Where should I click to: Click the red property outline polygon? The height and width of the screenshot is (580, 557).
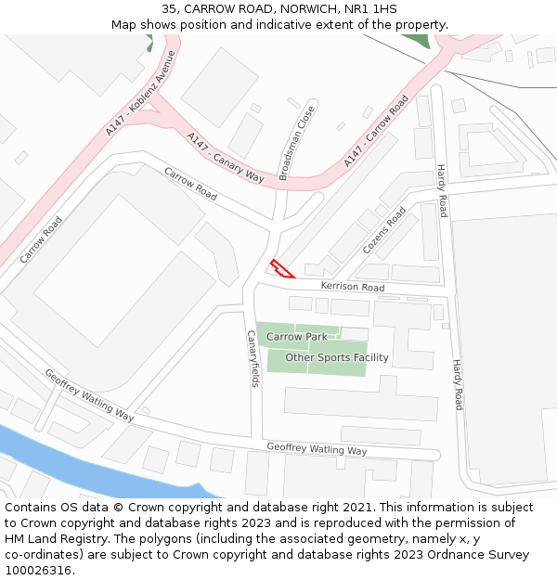pos(281,270)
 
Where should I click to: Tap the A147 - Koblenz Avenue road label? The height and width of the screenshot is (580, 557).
pos(140,93)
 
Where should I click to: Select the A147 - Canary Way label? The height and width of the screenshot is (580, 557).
pos(226,157)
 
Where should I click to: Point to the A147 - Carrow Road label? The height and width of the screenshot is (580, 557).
pos(376,131)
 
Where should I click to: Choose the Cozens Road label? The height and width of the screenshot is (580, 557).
pos(384,231)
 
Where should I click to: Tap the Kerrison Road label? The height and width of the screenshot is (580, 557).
pos(353,287)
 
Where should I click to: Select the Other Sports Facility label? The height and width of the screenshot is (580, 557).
pos(337,357)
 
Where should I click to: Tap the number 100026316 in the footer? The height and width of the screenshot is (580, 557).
pos(38,570)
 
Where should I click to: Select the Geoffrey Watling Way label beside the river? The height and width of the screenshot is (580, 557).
pos(89,394)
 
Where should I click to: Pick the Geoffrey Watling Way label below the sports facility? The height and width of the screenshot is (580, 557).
pos(317,449)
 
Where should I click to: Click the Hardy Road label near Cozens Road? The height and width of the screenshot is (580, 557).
pos(443,190)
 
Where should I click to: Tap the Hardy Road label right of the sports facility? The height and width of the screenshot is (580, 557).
pos(457,384)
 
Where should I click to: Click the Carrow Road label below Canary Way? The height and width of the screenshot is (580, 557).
pos(191,184)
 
